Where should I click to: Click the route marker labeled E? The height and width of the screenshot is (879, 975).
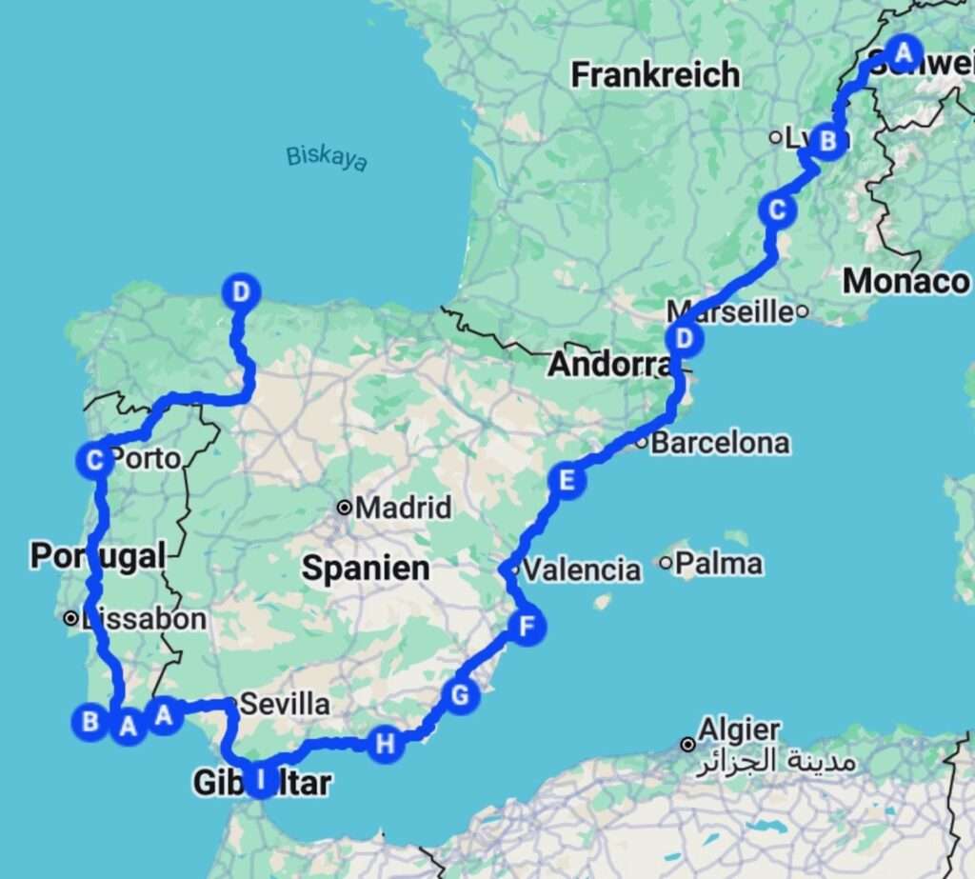pos(567,481)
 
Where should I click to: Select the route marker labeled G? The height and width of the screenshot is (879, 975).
pos(460,696)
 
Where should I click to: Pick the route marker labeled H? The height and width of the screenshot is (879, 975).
pos(385,744)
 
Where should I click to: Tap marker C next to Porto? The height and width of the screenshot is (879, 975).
pos(94,461)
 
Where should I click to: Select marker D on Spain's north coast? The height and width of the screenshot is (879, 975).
pos(240,290)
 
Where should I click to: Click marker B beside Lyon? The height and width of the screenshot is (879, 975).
pos(828,142)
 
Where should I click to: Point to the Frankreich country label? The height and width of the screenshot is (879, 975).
pos(655,74)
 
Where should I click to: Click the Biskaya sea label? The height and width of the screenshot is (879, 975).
pos(327,157)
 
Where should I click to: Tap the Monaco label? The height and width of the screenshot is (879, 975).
pos(905,281)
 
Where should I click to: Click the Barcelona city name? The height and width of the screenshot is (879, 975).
pos(721,443)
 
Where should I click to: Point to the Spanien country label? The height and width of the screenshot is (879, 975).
pos(366,569)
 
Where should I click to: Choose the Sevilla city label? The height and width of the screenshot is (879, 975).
pos(286,705)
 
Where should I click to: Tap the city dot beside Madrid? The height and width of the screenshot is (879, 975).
pos(344,508)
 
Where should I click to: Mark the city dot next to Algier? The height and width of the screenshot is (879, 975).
pos(686,744)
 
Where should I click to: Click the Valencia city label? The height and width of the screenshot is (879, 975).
pos(582,570)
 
